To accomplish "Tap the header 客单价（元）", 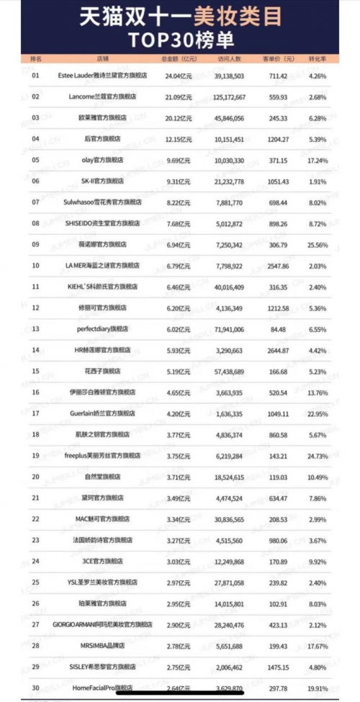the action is click(279, 58).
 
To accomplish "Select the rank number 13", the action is click(36, 329).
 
